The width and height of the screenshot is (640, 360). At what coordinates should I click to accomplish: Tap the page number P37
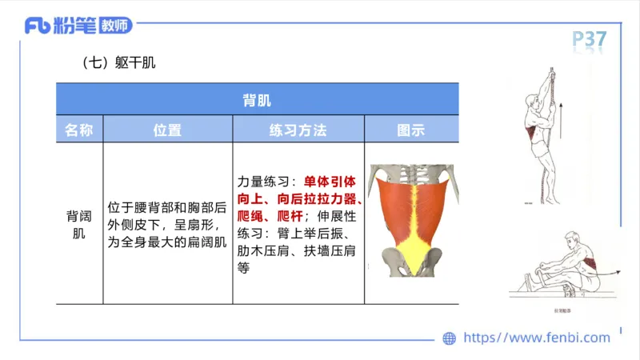[590, 38]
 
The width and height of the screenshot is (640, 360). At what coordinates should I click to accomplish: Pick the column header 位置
[167, 130]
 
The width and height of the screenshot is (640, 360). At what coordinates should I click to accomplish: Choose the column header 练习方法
[298, 130]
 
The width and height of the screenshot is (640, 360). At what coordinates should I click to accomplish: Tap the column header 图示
[410, 130]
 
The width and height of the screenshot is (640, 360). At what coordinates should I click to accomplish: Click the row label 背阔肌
[78, 225]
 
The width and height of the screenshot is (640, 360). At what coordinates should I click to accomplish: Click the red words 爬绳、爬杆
[272, 217]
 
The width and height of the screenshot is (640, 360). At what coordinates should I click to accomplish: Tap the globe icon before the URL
[449, 338]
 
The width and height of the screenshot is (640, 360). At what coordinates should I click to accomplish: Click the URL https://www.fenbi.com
[537, 338]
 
